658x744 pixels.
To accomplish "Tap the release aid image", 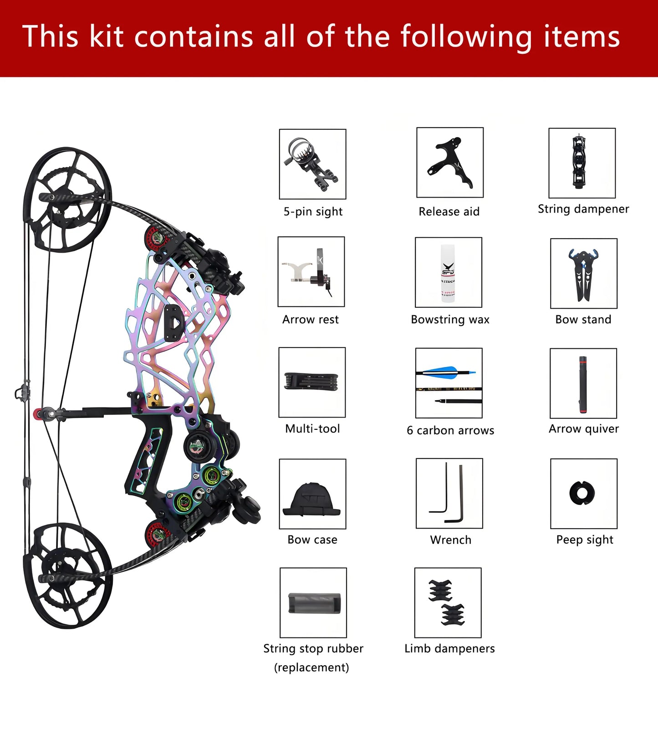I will click(x=450, y=163).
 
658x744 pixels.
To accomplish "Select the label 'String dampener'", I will click(x=583, y=209).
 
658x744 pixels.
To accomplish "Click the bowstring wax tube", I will click(x=448, y=273).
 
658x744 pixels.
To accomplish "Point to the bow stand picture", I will click(x=583, y=274).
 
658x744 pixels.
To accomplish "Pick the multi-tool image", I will click(x=312, y=382).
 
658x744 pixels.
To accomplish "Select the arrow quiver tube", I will click(x=583, y=384).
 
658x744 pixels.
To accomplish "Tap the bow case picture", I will click(x=312, y=499).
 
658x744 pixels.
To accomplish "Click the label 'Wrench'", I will click(x=450, y=540).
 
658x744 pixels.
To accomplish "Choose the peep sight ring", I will click(x=582, y=493).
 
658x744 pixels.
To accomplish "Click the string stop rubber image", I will click(x=314, y=603).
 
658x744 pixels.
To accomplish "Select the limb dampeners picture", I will click(x=448, y=602).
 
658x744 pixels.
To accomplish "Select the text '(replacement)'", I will click(x=311, y=668).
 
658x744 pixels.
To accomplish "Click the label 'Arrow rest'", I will click(x=310, y=320).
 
